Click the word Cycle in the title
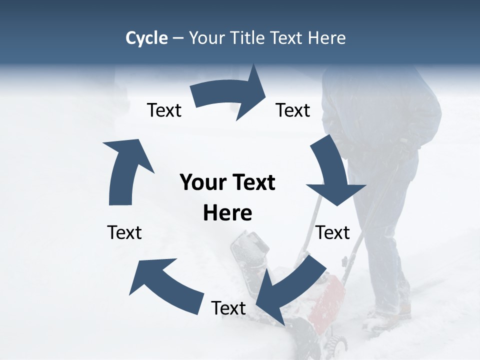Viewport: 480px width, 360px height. tap(146, 38)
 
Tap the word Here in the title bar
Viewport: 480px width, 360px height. tap(327, 38)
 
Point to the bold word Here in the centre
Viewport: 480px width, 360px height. tap(227, 213)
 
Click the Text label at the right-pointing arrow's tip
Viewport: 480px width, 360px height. tap(293, 110)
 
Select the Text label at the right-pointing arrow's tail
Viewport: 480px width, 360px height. tap(164, 110)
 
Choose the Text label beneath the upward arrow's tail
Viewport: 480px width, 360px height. tap(124, 232)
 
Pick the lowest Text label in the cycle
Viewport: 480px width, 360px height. tap(228, 308)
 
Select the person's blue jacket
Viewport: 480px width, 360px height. tap(380, 115)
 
